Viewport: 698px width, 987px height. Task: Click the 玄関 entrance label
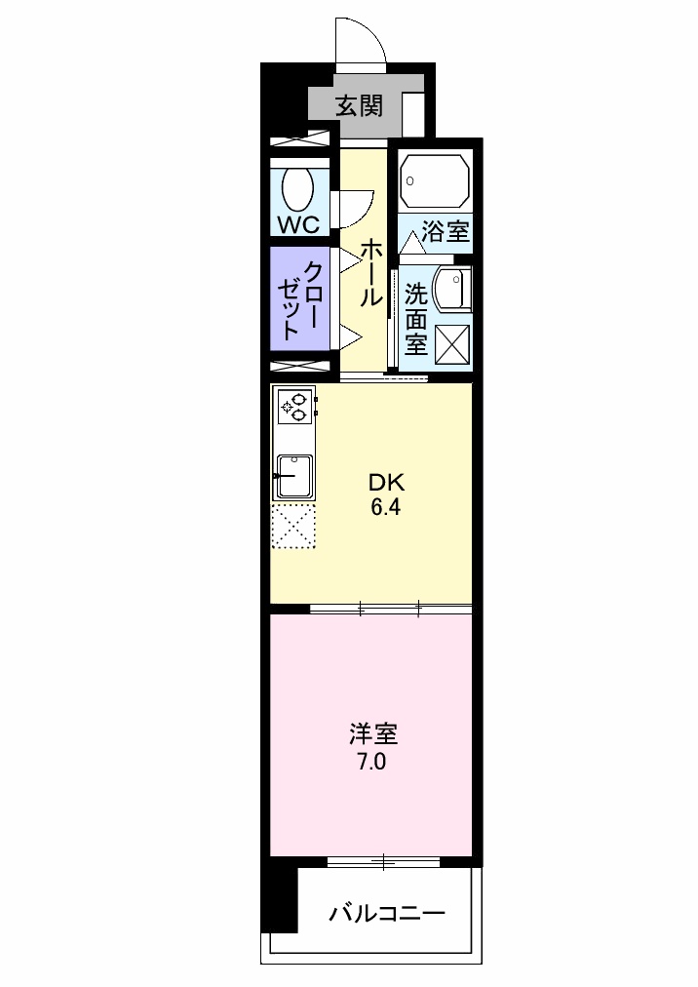coord(358,104)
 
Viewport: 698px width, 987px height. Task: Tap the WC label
coord(298,223)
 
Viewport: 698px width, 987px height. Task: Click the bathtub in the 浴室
coord(435,181)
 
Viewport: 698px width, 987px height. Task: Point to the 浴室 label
coord(446,232)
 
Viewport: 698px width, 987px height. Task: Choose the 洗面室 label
coord(416,318)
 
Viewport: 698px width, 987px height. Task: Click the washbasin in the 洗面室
coord(451,290)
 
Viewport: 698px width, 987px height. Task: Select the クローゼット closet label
coord(301,299)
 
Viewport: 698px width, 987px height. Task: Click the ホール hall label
coord(369,273)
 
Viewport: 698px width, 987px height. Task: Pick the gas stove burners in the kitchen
coord(295,406)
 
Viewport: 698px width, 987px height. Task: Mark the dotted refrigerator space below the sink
coord(293,527)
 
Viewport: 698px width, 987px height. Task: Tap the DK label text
coord(385,482)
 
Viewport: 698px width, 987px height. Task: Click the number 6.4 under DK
coord(385,507)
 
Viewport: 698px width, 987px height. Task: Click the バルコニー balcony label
coord(387,914)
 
